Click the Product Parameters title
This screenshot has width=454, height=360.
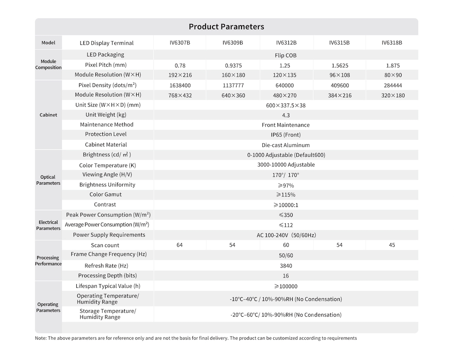[x=226, y=27]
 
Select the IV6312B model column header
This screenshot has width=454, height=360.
[x=286, y=42]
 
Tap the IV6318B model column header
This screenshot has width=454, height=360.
[x=392, y=42]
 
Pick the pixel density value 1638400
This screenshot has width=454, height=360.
[x=180, y=85]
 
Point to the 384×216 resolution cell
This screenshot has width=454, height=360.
[x=339, y=95]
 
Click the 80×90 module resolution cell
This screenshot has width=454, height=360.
[x=393, y=75]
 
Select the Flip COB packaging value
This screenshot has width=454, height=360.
[x=286, y=55]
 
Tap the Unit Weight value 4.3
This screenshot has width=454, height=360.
[x=286, y=115]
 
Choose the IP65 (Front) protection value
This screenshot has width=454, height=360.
[x=286, y=135]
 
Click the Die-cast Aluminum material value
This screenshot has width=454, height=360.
[x=286, y=145]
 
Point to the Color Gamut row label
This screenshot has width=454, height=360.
[x=106, y=195]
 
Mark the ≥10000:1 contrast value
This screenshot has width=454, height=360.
[x=286, y=205]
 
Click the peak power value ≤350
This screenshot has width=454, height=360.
[x=286, y=215]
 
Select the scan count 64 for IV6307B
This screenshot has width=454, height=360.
[x=180, y=245]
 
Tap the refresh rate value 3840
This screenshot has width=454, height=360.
[x=286, y=266]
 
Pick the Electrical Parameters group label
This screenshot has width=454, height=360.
[x=48, y=225]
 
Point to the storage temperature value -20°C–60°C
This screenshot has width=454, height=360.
[x=286, y=315]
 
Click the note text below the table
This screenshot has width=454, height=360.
[x=196, y=338]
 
